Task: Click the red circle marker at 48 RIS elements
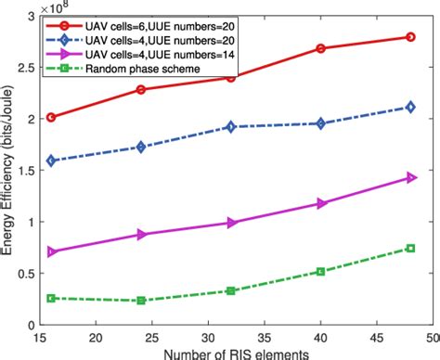click(x=410, y=37)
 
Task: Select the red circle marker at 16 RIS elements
click(x=51, y=117)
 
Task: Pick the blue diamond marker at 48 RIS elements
click(x=410, y=108)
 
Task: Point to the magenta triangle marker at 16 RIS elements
click(x=51, y=251)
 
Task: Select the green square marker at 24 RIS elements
click(x=141, y=301)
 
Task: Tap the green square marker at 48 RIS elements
click(x=410, y=248)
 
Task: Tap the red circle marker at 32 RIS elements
click(x=230, y=78)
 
